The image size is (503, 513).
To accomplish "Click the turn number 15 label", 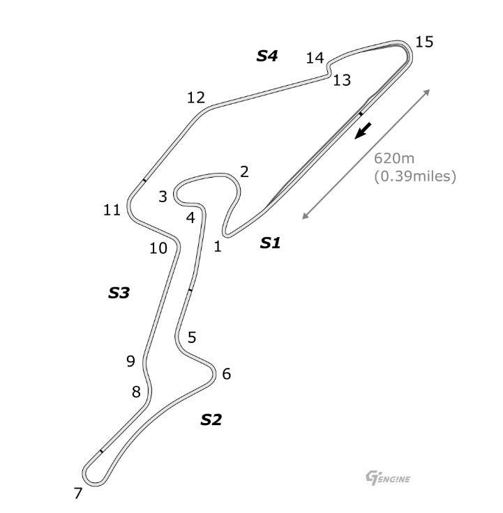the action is pos(424,43).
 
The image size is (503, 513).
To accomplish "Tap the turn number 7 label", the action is pos(78,493).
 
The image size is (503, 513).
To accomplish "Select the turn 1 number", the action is pos(218,246).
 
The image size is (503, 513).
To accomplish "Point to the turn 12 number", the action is pos(196,98).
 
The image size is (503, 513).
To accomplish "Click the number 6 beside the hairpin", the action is pos(227,374).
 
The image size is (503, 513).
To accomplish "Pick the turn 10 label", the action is pos(158,248).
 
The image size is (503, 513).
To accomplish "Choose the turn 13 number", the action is pos(342,80).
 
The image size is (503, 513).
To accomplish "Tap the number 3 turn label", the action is pos(163,197).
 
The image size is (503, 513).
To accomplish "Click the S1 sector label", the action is pos(271,243).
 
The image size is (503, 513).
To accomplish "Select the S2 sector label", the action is pos(211,420).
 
